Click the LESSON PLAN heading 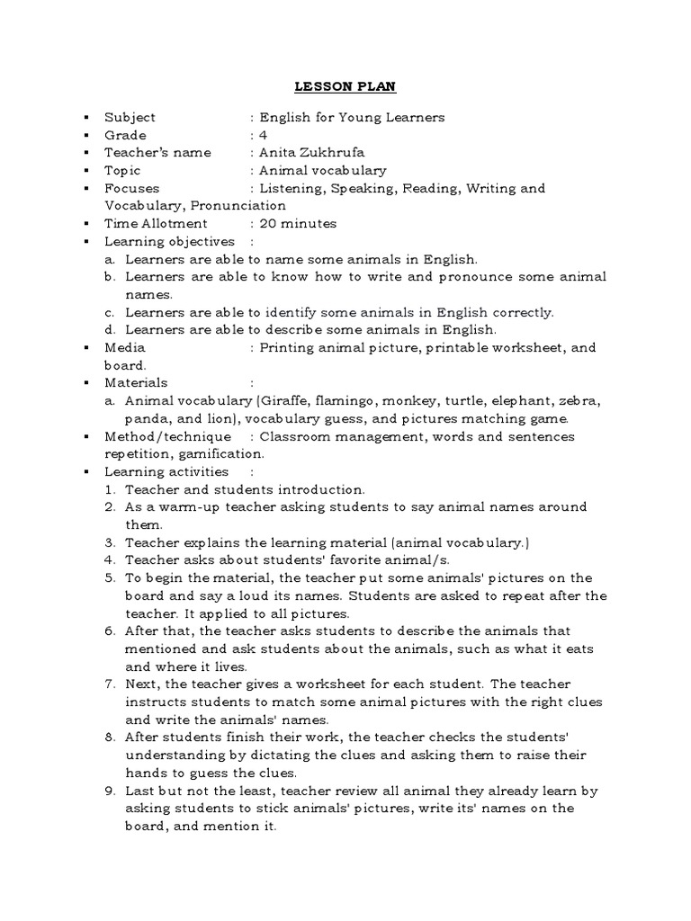point(346,87)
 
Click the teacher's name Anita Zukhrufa point(310,152)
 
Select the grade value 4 point(265,135)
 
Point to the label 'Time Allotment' point(156,223)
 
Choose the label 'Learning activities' point(166,471)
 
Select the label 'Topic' point(122,170)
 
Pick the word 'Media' point(124,347)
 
